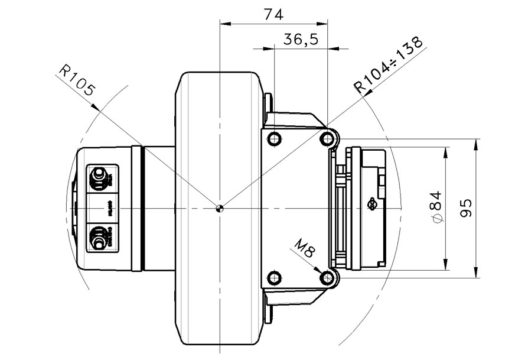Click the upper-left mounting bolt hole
pyautogui.click(x=273, y=140)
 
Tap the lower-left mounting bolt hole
pyautogui.click(x=273, y=277)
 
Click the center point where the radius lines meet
pyautogui.click(x=220, y=207)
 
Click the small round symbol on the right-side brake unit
pyautogui.click(x=371, y=205)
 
